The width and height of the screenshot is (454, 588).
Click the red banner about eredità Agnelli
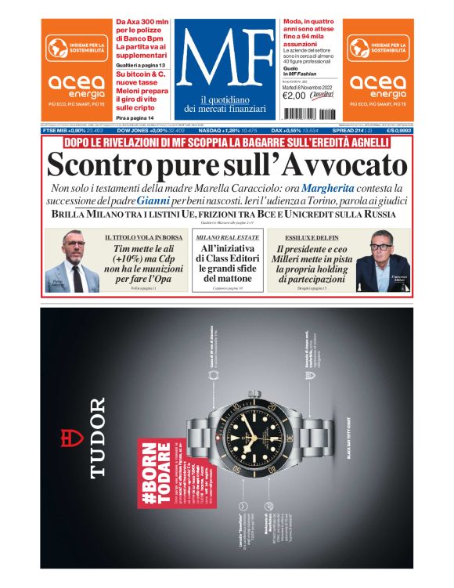tap(226, 142)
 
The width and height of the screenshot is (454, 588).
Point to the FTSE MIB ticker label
tap(60, 131)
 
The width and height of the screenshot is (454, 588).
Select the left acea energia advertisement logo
tap(77, 70)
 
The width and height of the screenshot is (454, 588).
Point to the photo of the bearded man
tap(75, 261)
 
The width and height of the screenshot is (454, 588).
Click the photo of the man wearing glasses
tap(380, 261)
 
